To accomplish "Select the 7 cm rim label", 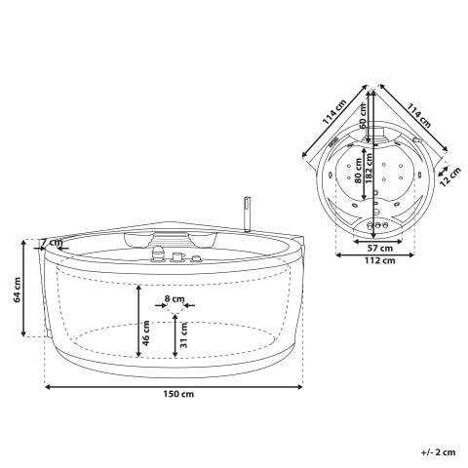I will tap(52, 243).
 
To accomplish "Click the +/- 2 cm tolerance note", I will tap(438, 451).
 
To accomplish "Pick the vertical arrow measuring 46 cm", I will tap(138, 322).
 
